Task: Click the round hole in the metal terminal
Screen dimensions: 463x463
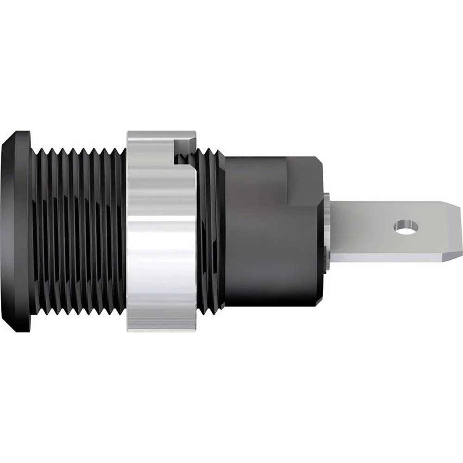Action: [406, 226]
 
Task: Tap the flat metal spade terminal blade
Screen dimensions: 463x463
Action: [370, 227]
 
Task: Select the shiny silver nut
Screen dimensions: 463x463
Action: [160, 231]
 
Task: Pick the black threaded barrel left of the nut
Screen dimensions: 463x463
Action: [79, 231]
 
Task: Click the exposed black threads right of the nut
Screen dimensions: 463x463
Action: [208, 231]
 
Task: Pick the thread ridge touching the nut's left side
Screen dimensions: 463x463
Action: [121, 231]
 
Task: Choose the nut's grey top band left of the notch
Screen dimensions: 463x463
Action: [148, 137]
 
